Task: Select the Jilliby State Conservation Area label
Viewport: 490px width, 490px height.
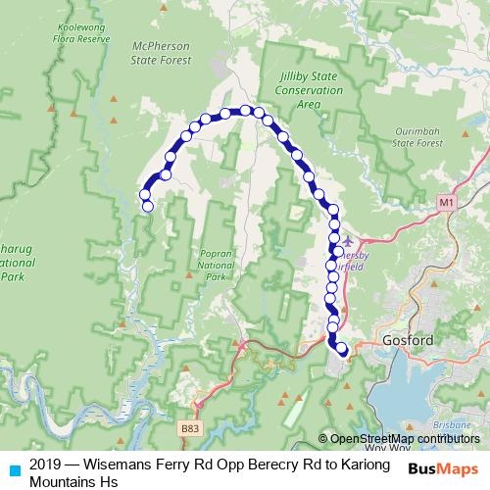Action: coord(310,90)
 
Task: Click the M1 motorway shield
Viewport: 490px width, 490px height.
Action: coord(447,202)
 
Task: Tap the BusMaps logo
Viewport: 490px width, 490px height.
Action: coord(441,469)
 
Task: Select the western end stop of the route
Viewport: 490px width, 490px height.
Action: coord(148,207)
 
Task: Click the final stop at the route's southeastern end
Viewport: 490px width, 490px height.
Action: coord(342,348)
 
